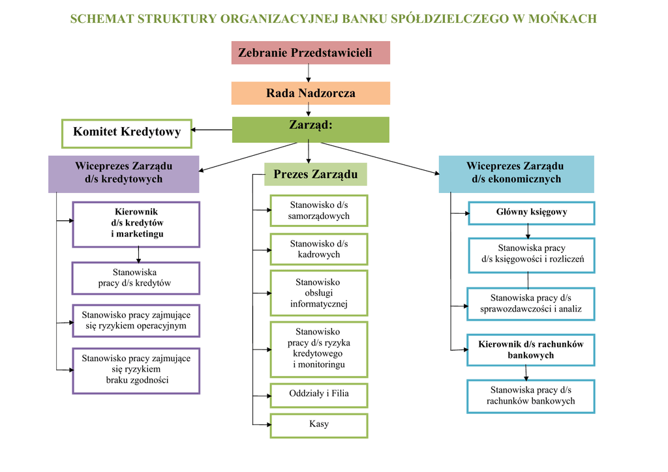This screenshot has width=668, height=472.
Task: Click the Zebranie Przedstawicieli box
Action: pyautogui.click(x=311, y=53)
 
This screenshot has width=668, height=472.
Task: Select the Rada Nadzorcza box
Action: pyautogui.click(x=311, y=93)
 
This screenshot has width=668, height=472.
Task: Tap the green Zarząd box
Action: pyautogui.click(x=311, y=129)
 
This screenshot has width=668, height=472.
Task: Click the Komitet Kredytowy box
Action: pyautogui.click(x=127, y=132)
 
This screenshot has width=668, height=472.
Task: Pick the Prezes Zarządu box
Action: pyautogui.click(x=316, y=174)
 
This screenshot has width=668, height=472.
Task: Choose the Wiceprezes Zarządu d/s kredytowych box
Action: pyautogui.click(x=123, y=173)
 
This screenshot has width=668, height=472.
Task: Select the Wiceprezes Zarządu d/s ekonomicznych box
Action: pyautogui.click(x=516, y=173)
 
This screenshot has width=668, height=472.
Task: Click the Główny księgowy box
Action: pyautogui.click(x=531, y=213)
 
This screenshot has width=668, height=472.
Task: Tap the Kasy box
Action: pyautogui.click(x=319, y=425)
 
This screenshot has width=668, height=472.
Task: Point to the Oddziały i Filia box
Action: pyautogui.click(x=319, y=394)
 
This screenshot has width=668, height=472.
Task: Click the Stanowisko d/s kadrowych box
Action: pyautogui.click(x=319, y=249)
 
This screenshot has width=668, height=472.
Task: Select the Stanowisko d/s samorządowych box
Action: pyautogui.click(x=319, y=211)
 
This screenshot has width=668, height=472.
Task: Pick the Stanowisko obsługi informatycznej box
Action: pyautogui.click(x=319, y=293)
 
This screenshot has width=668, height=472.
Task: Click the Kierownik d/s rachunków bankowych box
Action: pyautogui.click(x=531, y=350)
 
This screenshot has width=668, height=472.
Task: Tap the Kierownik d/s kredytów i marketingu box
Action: pyautogui.click(x=136, y=224)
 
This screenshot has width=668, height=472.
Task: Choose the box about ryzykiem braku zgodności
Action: pyautogui.click(x=136, y=370)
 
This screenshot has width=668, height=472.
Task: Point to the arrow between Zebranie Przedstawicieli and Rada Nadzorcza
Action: pyautogui.click(x=309, y=73)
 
